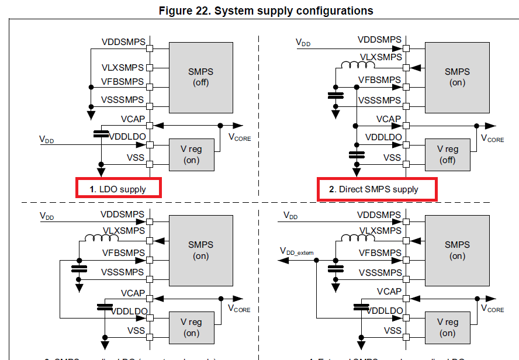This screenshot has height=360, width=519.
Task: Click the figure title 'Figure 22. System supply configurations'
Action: (x=266, y=11)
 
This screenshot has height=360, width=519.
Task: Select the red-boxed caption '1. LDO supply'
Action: (x=119, y=189)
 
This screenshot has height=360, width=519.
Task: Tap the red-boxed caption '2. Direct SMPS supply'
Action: (x=378, y=189)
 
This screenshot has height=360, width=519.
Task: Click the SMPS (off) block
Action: (x=200, y=77)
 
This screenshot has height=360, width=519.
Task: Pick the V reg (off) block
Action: (x=447, y=154)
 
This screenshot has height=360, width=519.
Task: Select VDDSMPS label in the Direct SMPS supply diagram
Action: (x=379, y=40)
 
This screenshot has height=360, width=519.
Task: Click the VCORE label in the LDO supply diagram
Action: (x=240, y=137)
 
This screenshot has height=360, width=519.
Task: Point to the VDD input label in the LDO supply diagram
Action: (x=46, y=140)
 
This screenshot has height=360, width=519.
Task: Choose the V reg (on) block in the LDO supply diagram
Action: (x=191, y=154)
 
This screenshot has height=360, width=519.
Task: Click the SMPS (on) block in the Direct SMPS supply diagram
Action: (x=456, y=77)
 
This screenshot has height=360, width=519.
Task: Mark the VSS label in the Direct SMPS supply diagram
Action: (x=392, y=158)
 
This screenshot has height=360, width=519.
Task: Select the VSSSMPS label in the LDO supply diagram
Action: (x=122, y=99)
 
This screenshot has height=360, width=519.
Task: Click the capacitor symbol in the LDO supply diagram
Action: (x=101, y=134)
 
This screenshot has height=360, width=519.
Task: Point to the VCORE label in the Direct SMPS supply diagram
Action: (x=492, y=139)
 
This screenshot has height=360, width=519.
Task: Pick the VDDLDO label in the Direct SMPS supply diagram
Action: (x=383, y=137)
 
